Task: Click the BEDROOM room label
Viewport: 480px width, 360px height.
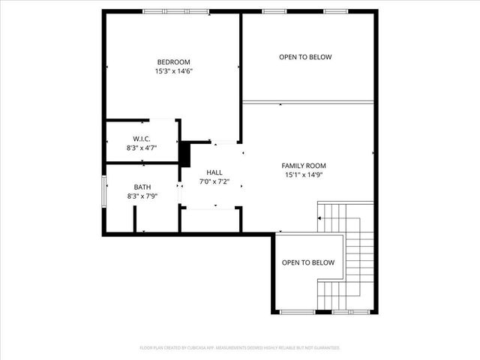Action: pyautogui.click(x=173, y=61)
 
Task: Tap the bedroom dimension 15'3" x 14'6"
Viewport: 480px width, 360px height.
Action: pyautogui.click(x=173, y=71)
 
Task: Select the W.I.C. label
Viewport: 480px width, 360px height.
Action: pyautogui.click(x=142, y=139)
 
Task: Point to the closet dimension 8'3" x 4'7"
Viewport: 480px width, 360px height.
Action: pyautogui.click(x=142, y=148)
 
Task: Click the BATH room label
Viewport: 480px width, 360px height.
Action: pyautogui.click(x=142, y=187)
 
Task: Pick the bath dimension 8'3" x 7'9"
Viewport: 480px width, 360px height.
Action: pyautogui.click(x=142, y=196)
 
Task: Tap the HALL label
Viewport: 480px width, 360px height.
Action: pyautogui.click(x=214, y=172)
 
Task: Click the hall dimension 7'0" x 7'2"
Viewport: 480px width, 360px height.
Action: pyautogui.click(x=214, y=181)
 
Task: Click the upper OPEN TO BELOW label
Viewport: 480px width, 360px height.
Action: pyautogui.click(x=305, y=57)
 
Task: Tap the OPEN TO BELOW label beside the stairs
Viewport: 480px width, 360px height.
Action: pyautogui.click(x=307, y=262)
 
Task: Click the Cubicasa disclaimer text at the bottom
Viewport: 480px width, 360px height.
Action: pyautogui.click(x=240, y=347)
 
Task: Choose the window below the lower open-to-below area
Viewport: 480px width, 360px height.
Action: pyautogui.click(x=296, y=311)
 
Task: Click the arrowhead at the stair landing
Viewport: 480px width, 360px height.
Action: pyautogui.click(x=321, y=217)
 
